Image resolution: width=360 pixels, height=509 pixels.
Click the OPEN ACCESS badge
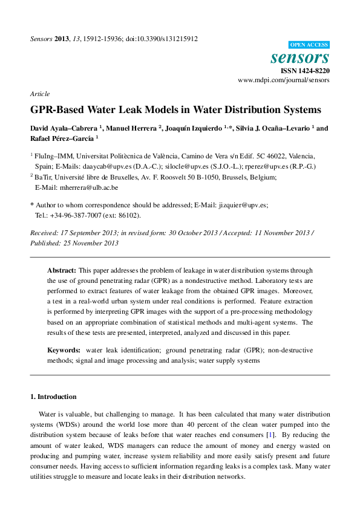309,45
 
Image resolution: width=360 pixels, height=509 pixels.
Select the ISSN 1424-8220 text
306,71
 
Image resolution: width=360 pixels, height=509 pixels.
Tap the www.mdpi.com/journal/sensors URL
284,80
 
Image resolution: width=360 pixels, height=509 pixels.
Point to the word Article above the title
39,94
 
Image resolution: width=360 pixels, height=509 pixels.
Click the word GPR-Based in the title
58,111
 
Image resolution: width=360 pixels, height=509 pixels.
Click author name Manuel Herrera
133,128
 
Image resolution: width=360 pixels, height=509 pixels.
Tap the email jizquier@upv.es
250,206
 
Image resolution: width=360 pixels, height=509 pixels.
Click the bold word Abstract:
62,271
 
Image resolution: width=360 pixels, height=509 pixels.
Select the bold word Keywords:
64,350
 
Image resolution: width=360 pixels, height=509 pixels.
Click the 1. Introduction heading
53,397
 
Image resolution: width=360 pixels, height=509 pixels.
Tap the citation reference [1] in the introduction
272,435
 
